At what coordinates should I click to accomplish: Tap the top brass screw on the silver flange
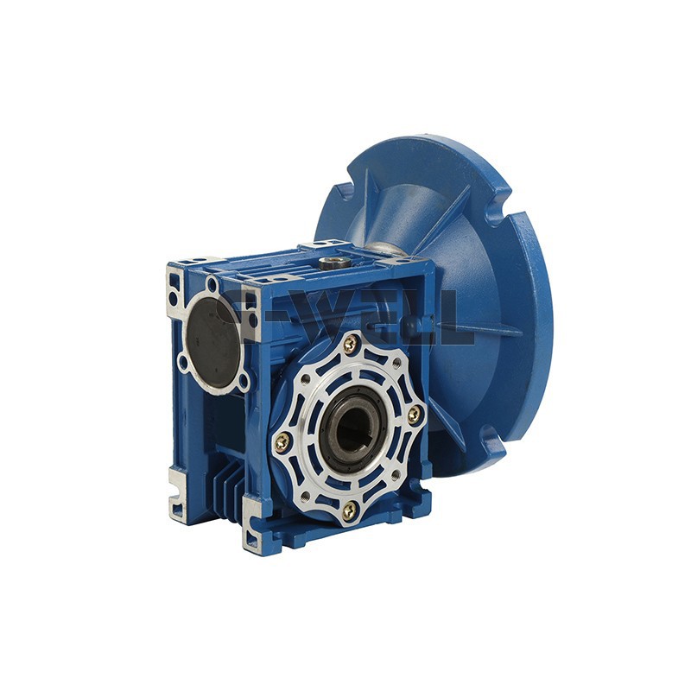click(x=350, y=345)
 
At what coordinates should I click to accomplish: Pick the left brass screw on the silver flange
click(x=282, y=443)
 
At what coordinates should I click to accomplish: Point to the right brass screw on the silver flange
click(x=415, y=414)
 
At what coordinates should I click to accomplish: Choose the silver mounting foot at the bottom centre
click(x=252, y=527)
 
